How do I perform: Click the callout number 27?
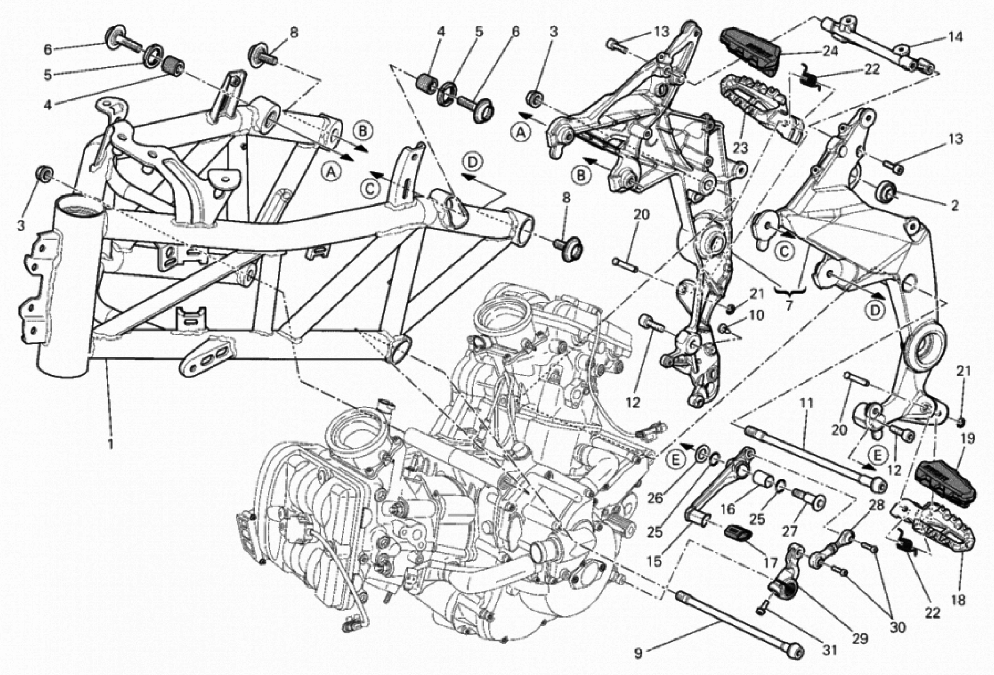tap(790, 531)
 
